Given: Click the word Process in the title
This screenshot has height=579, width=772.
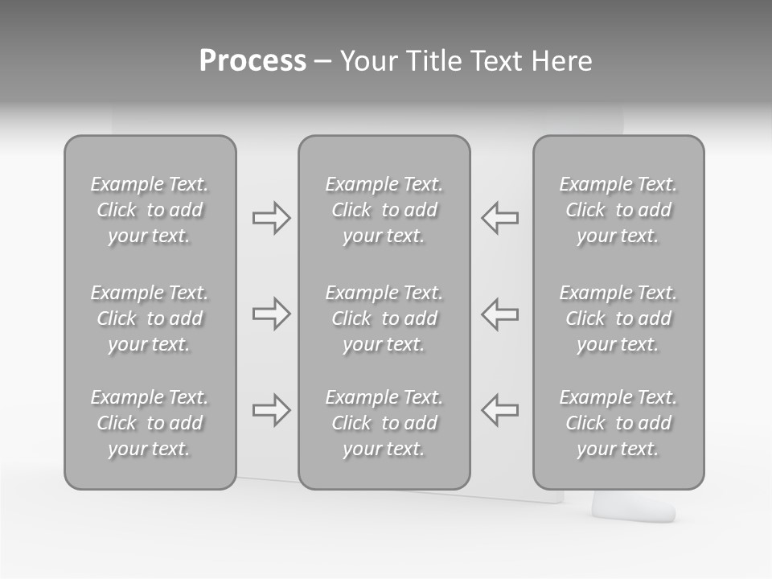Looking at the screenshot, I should click(253, 61).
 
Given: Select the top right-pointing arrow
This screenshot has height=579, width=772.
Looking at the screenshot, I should click(271, 218).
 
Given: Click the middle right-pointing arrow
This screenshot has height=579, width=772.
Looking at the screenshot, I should click(271, 314).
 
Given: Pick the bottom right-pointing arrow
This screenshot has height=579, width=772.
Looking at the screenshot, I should click(271, 409).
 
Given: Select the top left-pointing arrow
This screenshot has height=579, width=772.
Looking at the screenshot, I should click(500, 218).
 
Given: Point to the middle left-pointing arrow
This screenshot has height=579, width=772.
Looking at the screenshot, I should click(500, 314).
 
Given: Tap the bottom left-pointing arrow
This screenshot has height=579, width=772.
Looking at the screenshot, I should click(500, 409).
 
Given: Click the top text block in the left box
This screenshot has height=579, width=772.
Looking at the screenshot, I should click(150, 210).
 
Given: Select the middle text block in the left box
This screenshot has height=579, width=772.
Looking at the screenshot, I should click(150, 318).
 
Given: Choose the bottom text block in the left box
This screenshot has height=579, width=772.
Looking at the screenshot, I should click(150, 423).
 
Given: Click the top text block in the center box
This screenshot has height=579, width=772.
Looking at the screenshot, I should click(384, 210).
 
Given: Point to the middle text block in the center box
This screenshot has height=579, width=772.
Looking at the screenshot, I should click(384, 318).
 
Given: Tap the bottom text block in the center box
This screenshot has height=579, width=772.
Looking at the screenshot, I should click(384, 423).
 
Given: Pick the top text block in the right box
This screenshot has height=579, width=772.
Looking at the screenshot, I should click(618, 210).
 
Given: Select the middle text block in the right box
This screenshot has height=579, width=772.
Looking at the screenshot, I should click(618, 318).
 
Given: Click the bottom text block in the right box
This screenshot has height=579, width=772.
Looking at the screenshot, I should click(618, 423).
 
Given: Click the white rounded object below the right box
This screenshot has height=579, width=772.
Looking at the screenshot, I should click(634, 507).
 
